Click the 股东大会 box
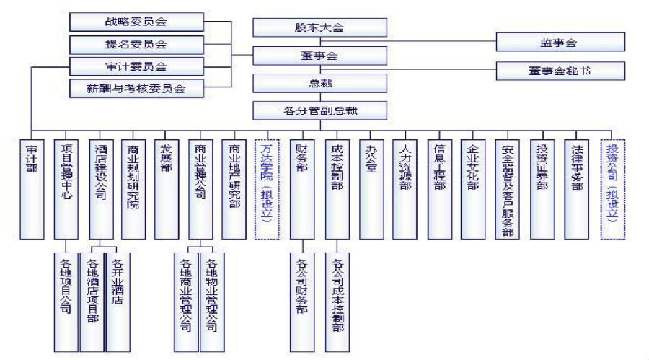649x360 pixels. click(x=320, y=27)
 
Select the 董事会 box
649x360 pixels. click(x=320, y=56)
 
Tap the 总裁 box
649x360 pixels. click(x=320, y=84)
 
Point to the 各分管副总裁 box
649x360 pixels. click(x=320, y=111)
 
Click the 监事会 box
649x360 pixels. click(x=560, y=43)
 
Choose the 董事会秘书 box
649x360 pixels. click(x=560, y=71)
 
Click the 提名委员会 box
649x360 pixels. click(x=136, y=44)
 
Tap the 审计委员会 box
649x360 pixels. click(x=136, y=66)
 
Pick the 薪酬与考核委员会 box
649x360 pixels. click(x=136, y=89)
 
